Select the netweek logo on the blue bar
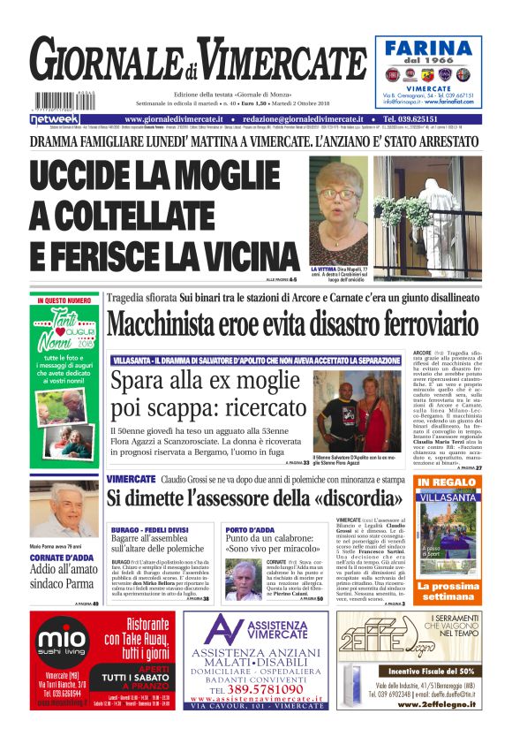click(56, 118)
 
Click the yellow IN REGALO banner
click(446, 482)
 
